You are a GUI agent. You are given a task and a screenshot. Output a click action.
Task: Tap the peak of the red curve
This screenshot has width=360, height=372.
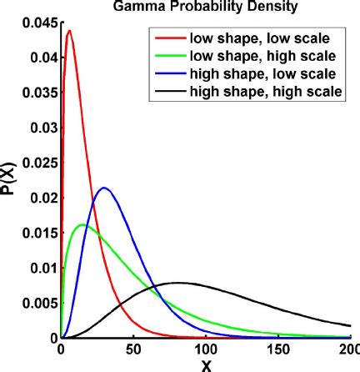68,31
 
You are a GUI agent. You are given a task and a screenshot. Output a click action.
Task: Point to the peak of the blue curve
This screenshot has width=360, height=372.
104,188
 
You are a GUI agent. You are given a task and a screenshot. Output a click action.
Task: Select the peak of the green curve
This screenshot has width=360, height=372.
82,224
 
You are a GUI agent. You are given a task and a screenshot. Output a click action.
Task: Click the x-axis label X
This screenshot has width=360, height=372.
205,364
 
